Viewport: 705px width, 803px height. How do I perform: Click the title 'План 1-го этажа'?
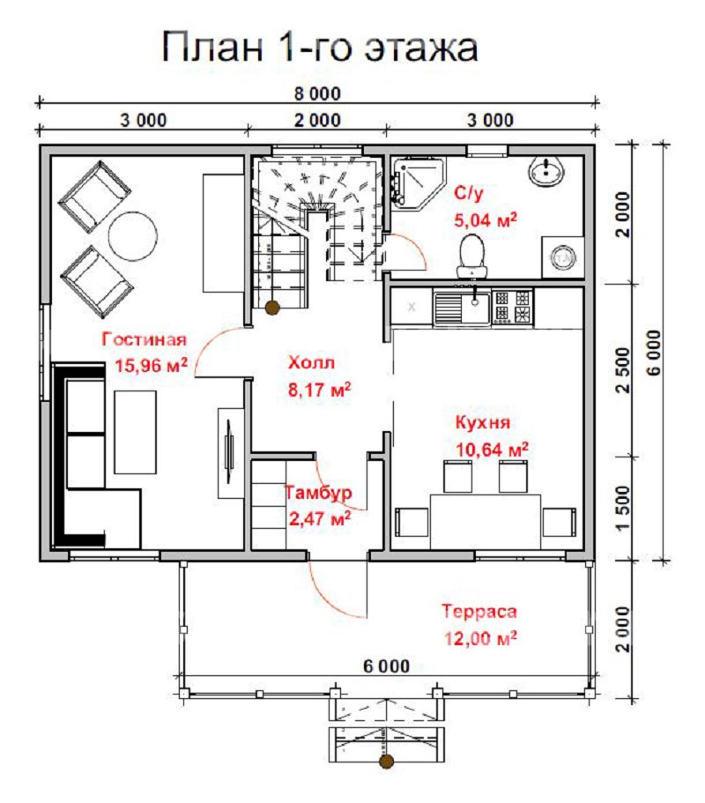[320, 47]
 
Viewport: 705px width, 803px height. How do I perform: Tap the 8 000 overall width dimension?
[317, 93]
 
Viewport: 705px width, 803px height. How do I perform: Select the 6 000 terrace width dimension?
[387, 665]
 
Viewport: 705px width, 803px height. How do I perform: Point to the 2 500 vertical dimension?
[623, 369]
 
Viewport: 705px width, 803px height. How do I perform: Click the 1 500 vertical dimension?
[623, 509]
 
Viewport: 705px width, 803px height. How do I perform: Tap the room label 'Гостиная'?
[144, 339]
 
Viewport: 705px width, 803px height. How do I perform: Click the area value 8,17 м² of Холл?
[319, 390]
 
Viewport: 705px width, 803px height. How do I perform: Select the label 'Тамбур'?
[318, 492]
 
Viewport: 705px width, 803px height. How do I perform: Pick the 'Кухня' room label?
[483, 422]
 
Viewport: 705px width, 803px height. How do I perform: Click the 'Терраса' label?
[479, 611]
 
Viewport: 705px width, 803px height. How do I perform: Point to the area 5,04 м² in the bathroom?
[486, 219]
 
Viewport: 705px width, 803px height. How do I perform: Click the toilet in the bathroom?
[472, 256]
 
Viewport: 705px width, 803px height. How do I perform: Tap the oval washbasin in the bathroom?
[546, 172]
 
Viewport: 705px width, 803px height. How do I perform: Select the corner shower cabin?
[417, 182]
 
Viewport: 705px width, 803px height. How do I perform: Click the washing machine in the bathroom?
[562, 257]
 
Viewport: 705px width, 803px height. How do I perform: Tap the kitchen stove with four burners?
[512, 307]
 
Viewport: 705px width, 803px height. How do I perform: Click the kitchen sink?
[462, 307]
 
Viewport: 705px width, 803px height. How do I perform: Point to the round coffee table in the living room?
[132, 236]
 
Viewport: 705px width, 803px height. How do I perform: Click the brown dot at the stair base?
[272, 308]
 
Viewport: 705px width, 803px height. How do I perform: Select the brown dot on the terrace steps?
[387, 762]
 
